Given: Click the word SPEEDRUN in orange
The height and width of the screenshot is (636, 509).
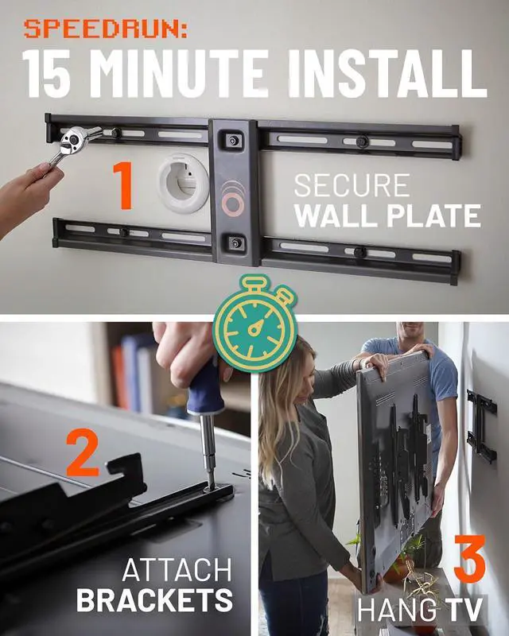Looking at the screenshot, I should click(x=104, y=29).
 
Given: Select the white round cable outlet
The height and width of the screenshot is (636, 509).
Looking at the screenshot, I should click(x=183, y=183).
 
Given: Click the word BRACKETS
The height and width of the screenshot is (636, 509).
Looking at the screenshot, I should click(x=154, y=601).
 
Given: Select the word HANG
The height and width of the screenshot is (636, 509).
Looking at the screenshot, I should click(x=398, y=611).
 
